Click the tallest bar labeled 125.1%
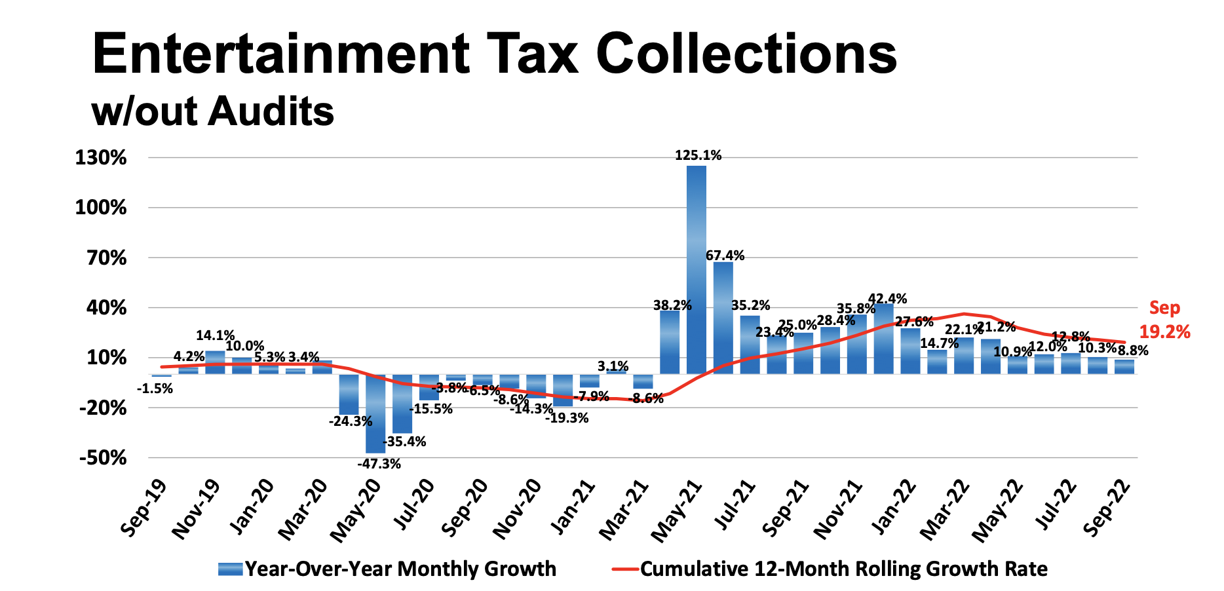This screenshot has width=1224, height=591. (x=697, y=269)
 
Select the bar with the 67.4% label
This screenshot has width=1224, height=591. (x=723, y=318)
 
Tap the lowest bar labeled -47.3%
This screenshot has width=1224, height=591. (x=375, y=413)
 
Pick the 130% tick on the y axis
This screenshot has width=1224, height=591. (x=102, y=158)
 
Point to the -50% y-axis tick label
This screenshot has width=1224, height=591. (x=103, y=458)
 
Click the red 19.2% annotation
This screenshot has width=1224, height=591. (x=1164, y=332)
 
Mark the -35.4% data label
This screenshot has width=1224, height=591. (x=405, y=442)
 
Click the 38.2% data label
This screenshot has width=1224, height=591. (x=672, y=305)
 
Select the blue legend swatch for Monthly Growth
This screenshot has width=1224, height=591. (x=230, y=569)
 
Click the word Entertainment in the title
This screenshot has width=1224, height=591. (x=280, y=54)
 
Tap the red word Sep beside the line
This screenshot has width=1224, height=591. (x=1164, y=308)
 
